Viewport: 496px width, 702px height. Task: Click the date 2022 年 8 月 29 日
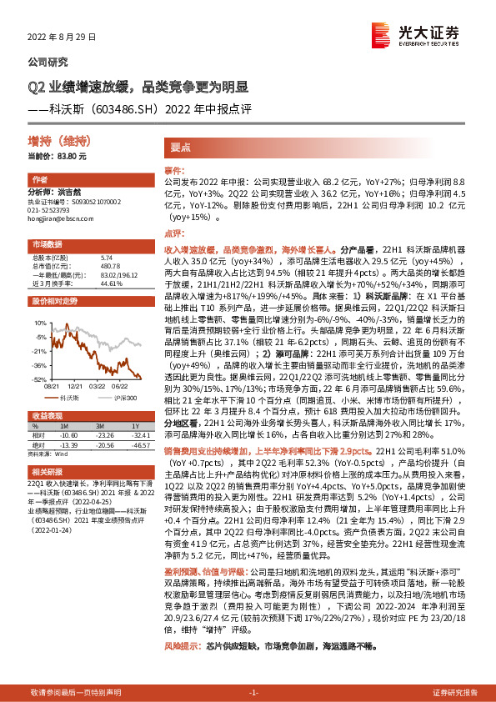click(63, 38)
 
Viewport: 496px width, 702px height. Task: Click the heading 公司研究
click(48, 62)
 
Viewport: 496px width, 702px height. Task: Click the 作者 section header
click(39, 180)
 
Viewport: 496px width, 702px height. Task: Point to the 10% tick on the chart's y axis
click(40, 321)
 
